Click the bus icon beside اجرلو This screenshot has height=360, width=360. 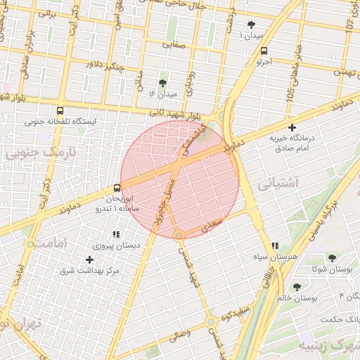click(264, 51)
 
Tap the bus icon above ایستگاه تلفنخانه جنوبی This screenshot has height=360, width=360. click(60, 110)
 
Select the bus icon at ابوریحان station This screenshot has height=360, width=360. click(117, 188)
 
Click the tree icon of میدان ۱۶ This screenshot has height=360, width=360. click(164, 82)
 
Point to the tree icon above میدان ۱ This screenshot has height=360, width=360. click(251, 25)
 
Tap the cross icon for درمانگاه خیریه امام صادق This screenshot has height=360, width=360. click(292, 127)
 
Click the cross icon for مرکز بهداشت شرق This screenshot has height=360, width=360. click(89, 259)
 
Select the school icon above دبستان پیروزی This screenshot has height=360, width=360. click(117, 234)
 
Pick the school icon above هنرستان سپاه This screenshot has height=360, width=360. click(275, 245)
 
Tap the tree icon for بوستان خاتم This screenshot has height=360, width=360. click(297, 287)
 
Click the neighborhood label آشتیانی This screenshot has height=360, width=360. click(278, 184)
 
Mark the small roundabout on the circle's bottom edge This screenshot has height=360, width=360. click(180, 235)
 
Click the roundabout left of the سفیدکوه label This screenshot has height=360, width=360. click(211, 322)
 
